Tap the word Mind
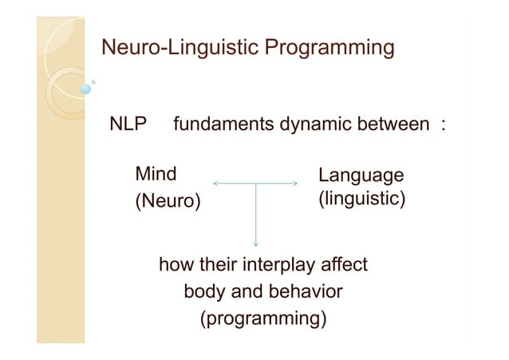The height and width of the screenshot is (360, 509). pyautogui.click(x=156, y=174)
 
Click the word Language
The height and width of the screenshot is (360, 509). pyautogui.click(x=361, y=175)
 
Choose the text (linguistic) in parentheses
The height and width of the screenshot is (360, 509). pyautogui.click(x=361, y=199)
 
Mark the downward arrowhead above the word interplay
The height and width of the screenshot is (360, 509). pyautogui.click(x=255, y=243)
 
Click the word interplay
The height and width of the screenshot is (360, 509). pyautogui.click(x=274, y=264)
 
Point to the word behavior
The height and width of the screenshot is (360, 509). pyautogui.click(x=302, y=291)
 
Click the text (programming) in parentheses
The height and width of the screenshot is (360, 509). pyautogui.click(x=263, y=318)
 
